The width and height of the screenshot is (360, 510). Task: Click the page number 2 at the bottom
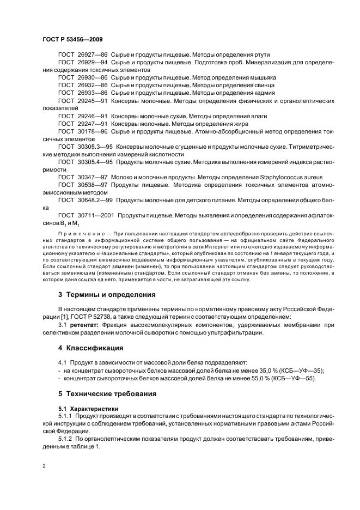[x=44, y=466]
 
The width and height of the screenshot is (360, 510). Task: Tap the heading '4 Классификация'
[x=90, y=347]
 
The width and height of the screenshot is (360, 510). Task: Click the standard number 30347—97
[x=93, y=177]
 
